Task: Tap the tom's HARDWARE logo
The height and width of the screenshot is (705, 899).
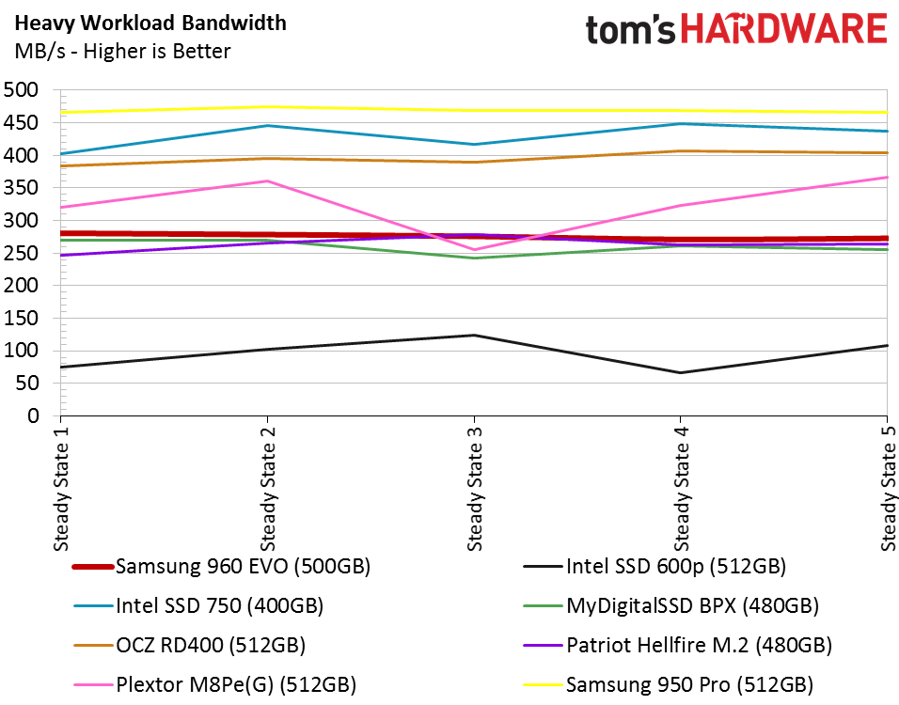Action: point(735,30)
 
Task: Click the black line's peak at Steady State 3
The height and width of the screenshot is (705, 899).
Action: point(474,335)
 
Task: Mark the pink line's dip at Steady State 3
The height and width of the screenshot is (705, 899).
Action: point(474,250)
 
